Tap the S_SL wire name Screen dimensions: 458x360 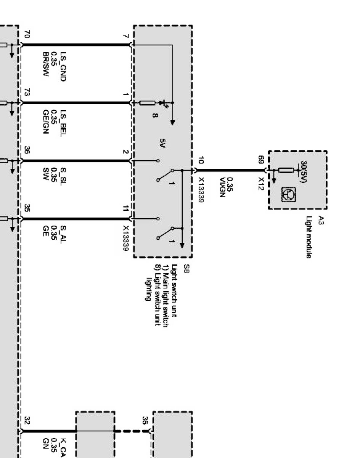point(63,175)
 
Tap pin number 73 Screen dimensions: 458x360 point(26,93)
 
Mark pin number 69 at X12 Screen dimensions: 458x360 point(261,160)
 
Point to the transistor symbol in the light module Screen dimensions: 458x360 point(286,195)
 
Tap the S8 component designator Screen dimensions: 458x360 point(186,271)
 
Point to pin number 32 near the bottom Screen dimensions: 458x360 point(26,421)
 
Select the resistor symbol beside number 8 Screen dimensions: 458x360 point(147,103)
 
